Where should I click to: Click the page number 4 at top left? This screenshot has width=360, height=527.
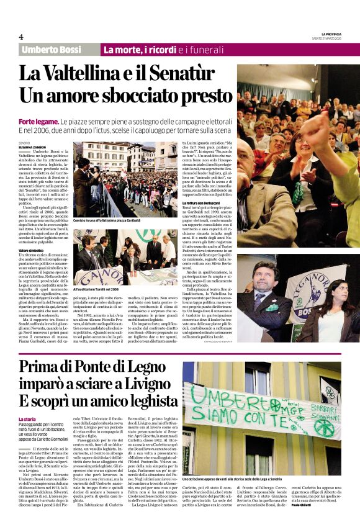pos(21,37)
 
